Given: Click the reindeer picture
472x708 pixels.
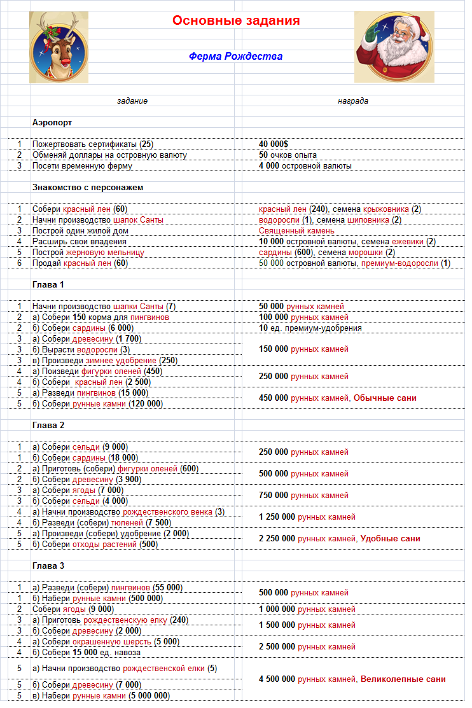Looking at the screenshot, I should click(59, 47).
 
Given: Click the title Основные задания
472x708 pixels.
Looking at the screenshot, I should click(236, 21).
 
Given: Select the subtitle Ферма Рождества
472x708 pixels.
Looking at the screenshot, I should click(235, 57).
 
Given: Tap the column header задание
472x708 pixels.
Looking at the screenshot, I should click(132, 101).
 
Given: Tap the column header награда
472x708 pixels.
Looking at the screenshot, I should click(353, 101).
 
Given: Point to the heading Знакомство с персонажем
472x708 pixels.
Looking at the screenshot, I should click(88, 187).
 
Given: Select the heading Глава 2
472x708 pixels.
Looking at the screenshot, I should click(48, 425).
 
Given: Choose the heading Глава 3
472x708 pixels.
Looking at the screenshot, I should click(48, 566).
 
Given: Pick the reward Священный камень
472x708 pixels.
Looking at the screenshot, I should click(296, 231).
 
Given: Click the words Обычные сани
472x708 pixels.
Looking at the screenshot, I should click(385, 398).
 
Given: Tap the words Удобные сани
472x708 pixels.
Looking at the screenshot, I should click(390, 539).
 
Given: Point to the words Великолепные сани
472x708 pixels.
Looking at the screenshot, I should click(403, 679).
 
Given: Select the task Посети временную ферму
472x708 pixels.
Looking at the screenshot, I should click(82, 166).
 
